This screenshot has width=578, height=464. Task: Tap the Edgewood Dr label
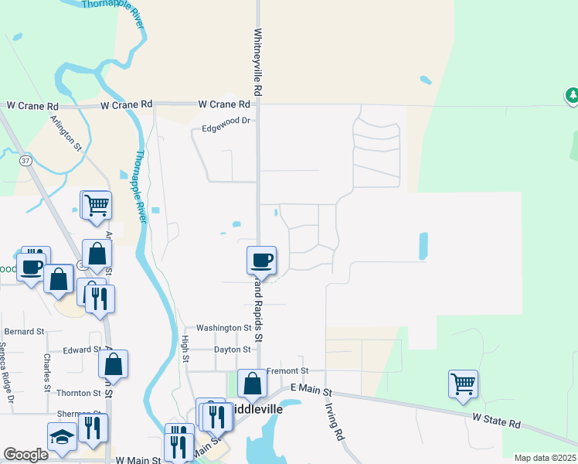[226, 121]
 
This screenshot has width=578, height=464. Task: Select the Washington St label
[223, 328]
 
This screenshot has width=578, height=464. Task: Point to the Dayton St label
[233, 350]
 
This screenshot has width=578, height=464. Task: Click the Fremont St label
[287, 371]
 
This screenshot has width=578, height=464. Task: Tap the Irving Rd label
[334, 421]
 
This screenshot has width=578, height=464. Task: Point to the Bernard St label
[24, 331]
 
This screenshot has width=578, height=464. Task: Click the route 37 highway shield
[26, 161]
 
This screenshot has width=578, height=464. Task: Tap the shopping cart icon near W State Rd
[463, 383]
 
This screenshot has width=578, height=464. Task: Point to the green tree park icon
[572, 96]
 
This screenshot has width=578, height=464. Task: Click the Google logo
[25, 455]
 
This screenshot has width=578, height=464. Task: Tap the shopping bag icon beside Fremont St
[252, 383]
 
